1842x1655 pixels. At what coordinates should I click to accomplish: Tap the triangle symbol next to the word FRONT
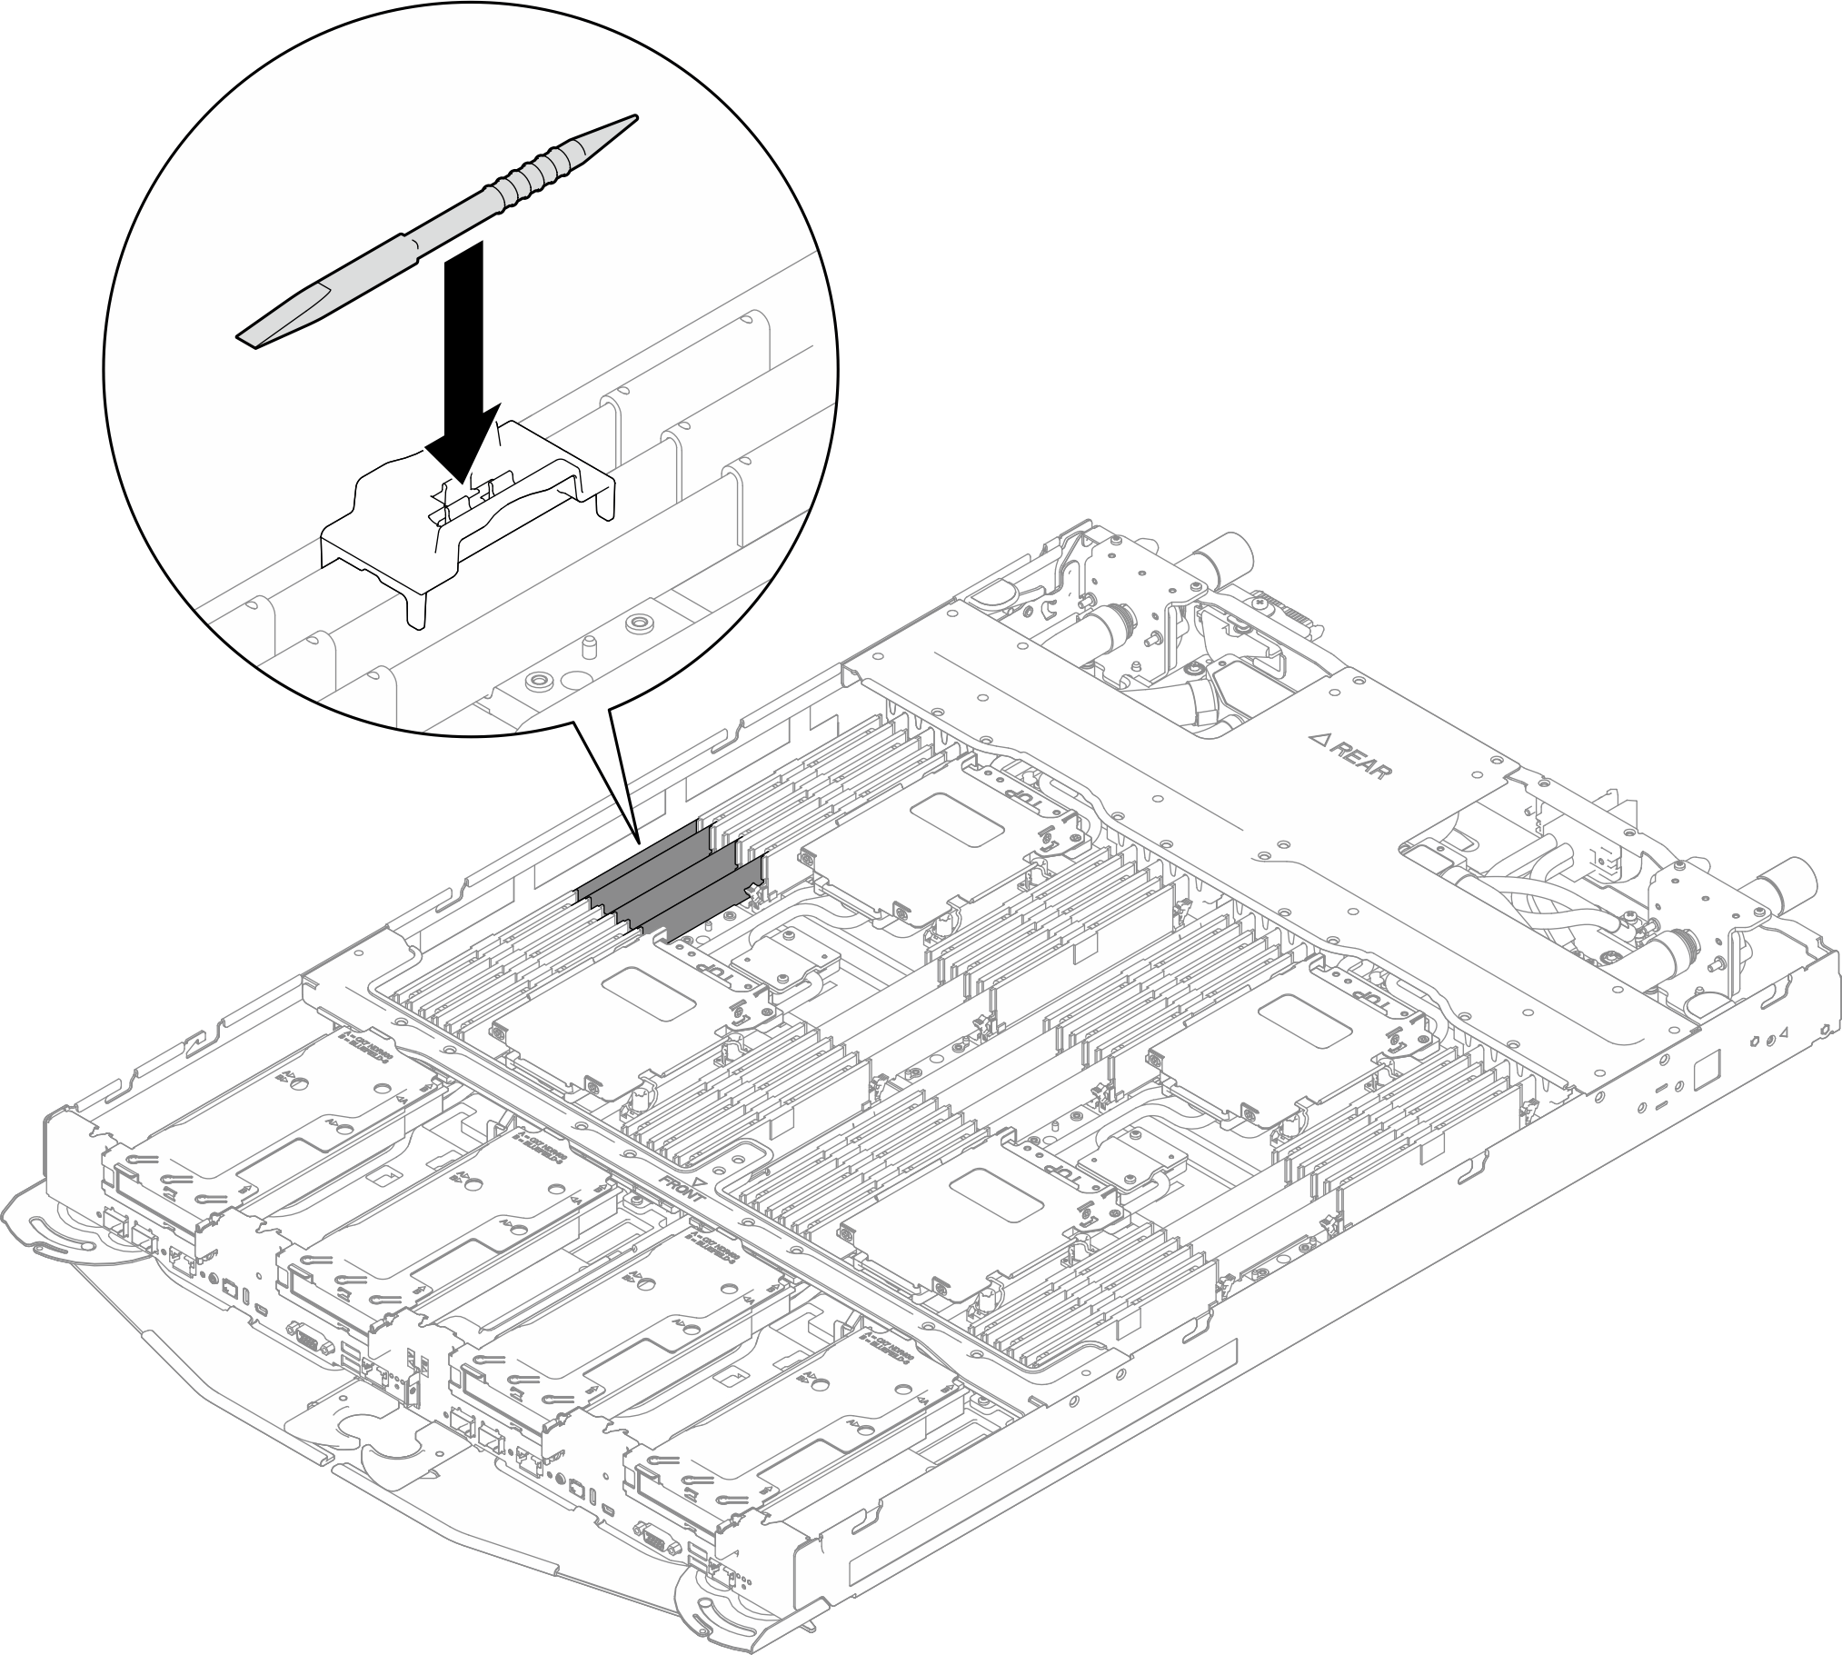(699, 1181)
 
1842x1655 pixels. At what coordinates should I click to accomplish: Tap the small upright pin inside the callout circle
(588, 647)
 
